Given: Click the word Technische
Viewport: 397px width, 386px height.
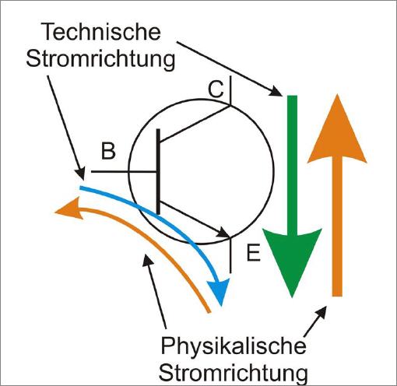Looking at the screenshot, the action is [102, 32].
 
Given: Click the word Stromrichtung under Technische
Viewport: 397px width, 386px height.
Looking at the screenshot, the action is [100, 59].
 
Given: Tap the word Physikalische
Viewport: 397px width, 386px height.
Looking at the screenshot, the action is [234, 346].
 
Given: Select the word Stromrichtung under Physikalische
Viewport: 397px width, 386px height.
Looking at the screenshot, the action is [234, 373].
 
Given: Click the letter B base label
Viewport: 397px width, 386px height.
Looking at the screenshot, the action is [108, 151].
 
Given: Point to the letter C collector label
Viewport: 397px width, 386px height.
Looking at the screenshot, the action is [216, 89].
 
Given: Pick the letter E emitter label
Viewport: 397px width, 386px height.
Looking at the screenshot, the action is [253, 253].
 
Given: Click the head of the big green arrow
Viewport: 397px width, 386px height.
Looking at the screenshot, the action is [292, 259].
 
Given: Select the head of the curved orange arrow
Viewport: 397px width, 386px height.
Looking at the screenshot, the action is [69, 209].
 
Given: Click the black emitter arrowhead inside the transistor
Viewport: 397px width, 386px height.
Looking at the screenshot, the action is [223, 233].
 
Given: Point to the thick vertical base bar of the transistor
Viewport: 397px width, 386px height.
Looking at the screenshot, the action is [158, 171].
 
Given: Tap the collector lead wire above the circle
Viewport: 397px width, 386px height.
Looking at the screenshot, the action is [230, 89].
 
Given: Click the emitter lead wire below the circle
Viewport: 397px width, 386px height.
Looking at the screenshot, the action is [230, 255].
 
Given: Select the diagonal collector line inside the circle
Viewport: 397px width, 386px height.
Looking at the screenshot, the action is [195, 124].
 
